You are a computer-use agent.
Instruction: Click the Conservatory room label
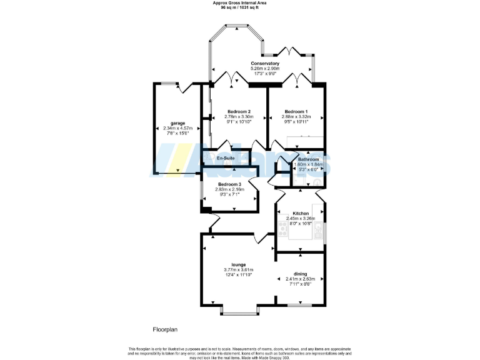[265, 64]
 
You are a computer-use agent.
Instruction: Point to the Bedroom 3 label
[229, 184]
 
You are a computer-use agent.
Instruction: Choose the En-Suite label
[226, 159]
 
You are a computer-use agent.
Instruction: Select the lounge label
[238, 264]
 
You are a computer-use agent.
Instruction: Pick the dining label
[301, 274]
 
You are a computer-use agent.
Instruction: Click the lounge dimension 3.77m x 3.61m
[238, 269]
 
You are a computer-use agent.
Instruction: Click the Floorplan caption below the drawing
[166, 329]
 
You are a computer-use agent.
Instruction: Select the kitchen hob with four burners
[282, 231]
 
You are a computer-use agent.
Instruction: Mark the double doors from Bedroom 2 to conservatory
[233, 79]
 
